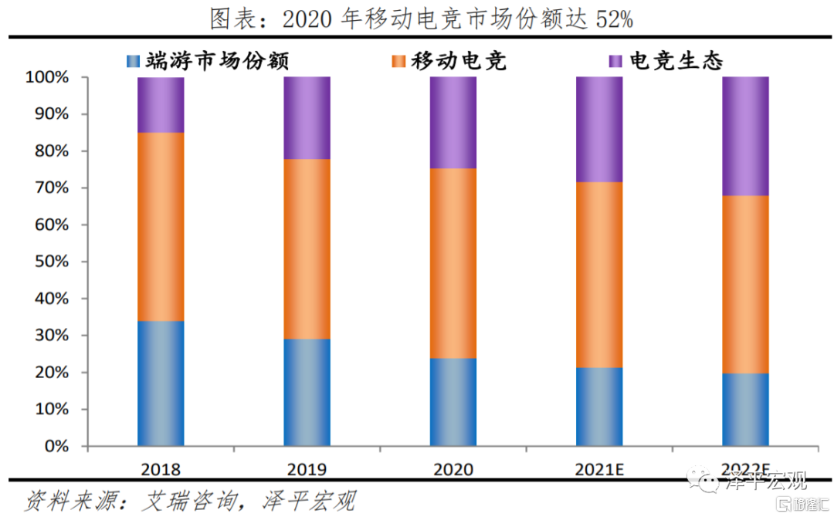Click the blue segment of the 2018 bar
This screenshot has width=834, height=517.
(x=161, y=384)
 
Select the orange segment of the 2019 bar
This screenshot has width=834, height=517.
(x=307, y=248)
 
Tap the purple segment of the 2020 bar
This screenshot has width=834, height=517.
(x=453, y=123)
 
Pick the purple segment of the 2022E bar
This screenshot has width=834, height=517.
(x=745, y=136)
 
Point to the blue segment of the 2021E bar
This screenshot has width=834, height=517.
(x=599, y=407)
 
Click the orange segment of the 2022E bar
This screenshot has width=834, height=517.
(x=745, y=284)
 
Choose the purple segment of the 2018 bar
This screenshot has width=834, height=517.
(x=161, y=105)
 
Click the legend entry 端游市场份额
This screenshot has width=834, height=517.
(x=208, y=61)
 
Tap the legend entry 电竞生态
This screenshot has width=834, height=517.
(x=676, y=61)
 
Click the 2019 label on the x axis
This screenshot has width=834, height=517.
(x=307, y=469)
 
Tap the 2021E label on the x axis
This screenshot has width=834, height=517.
(x=599, y=469)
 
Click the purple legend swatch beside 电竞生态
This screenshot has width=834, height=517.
(x=616, y=61)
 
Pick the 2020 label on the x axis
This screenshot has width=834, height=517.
(x=453, y=469)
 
